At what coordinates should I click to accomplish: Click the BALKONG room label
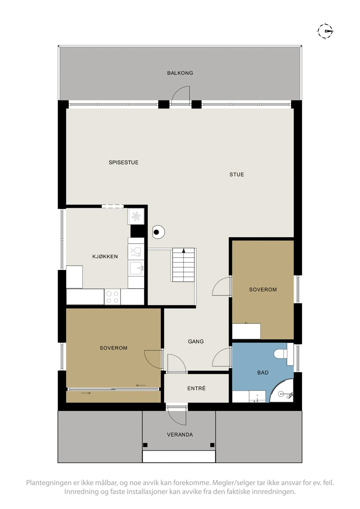180,73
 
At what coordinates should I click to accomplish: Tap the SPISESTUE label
124,162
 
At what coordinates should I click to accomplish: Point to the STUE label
237,174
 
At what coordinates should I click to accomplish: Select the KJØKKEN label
105,256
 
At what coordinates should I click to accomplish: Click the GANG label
196,341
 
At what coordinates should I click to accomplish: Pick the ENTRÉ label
196,388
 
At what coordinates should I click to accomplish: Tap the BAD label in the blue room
263,373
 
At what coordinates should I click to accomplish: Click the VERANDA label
180,435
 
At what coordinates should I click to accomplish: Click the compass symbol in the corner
325,31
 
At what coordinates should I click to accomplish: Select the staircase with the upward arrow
184,265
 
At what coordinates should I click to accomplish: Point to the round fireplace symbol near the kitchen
158,232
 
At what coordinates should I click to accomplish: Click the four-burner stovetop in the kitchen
112,297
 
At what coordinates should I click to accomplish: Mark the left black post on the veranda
145,445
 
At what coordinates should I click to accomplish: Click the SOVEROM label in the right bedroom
263,290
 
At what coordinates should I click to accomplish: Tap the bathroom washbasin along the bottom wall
257,396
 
